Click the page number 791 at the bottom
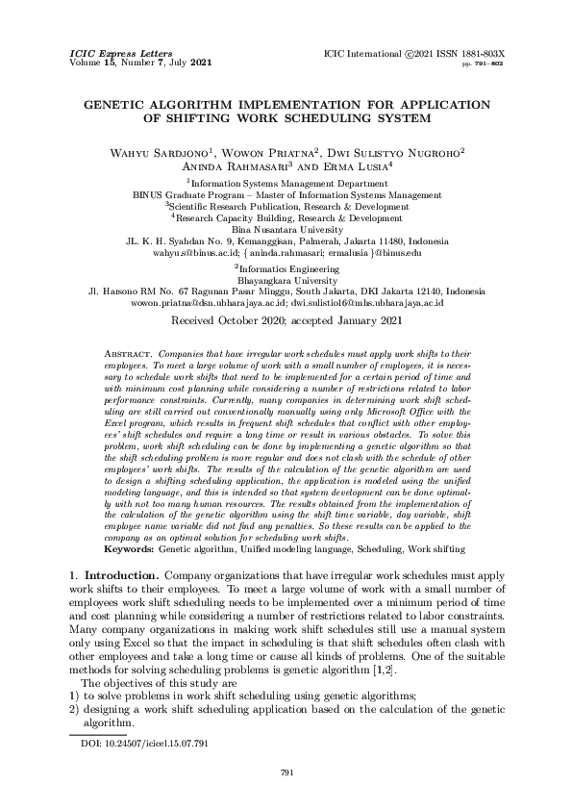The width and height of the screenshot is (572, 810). pyautogui.click(x=286, y=772)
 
